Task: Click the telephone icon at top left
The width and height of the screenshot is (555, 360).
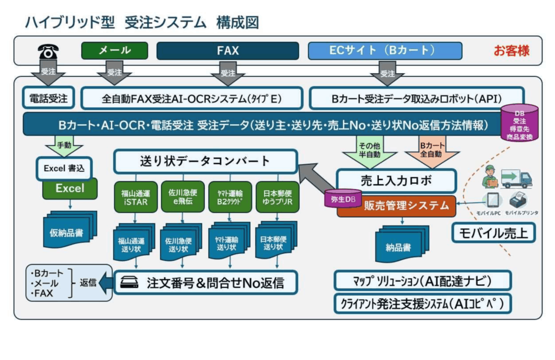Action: tap(48, 52)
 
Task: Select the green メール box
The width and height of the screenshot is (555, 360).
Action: tap(114, 50)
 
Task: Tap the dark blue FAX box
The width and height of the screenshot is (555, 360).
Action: tap(228, 51)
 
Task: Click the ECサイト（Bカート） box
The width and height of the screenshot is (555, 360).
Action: tap(385, 50)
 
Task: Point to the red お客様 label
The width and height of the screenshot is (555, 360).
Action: tap(511, 51)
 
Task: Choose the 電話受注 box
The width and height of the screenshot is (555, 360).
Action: tap(48, 99)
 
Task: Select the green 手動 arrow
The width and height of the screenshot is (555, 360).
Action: tap(63, 146)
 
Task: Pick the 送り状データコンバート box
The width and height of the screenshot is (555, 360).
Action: tap(205, 161)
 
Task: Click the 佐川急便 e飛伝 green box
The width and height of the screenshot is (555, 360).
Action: tap(183, 196)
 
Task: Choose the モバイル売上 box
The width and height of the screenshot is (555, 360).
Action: tap(493, 233)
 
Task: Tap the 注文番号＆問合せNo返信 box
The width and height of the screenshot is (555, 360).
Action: tap(205, 282)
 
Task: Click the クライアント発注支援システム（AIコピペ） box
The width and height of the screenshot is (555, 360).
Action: tap(423, 304)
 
